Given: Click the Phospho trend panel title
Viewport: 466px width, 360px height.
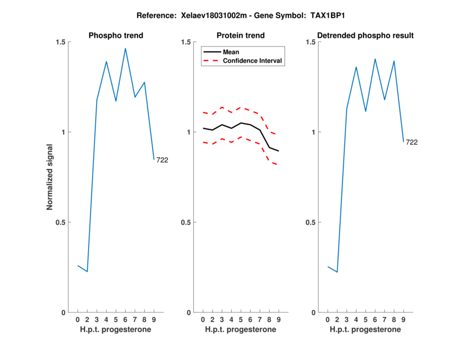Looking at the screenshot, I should (116, 36).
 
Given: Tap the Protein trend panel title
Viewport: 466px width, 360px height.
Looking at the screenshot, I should (241, 36).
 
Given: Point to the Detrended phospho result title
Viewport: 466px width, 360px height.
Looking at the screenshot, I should (366, 36).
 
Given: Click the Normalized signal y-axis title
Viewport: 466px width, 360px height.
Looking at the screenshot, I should (50, 177).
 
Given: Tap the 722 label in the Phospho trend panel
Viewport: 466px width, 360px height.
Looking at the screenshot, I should (162, 160).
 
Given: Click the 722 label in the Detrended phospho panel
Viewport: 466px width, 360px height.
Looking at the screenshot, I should (412, 142).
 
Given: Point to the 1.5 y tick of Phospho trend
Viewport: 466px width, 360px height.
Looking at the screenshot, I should (59, 42).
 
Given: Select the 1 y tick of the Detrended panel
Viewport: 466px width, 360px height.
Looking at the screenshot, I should (314, 132).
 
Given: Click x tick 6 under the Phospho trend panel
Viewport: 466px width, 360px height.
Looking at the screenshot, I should (125, 320).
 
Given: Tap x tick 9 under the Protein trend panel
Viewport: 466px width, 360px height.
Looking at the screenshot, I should (278, 320).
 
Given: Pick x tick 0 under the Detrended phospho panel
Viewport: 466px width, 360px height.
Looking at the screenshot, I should (327, 320).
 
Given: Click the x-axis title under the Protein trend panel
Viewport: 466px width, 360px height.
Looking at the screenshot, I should (241, 330).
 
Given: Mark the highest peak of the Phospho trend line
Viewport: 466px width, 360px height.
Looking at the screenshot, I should (125, 48).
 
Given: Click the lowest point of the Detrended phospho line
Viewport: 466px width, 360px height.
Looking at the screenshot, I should (337, 272).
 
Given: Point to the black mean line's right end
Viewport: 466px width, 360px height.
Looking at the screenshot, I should (278, 151).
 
